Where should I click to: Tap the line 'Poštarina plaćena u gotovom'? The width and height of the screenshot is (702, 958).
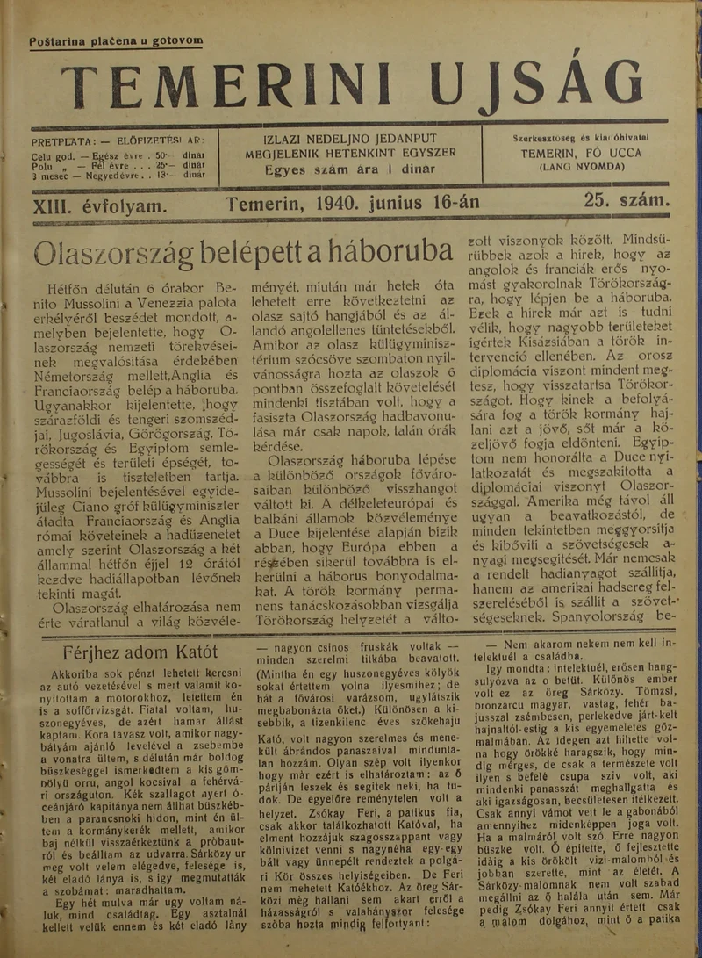(x=116, y=40)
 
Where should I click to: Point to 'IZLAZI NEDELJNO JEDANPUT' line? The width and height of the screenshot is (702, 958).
(x=350, y=139)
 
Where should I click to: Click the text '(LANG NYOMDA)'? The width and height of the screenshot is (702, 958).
(x=581, y=165)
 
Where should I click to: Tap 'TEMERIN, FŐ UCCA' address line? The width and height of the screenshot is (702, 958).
(x=580, y=152)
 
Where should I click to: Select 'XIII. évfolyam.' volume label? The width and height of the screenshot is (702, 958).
(x=98, y=203)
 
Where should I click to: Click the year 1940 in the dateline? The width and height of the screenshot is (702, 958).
(x=336, y=203)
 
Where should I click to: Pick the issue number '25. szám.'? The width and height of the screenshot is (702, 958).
(x=627, y=201)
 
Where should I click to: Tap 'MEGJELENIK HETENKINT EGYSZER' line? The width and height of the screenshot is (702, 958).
(x=350, y=153)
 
